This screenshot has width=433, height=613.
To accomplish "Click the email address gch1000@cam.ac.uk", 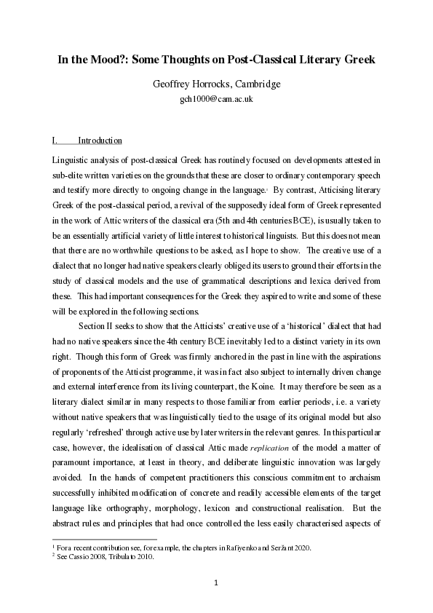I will [216, 99].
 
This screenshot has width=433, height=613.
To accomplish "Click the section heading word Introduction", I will [100, 141].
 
